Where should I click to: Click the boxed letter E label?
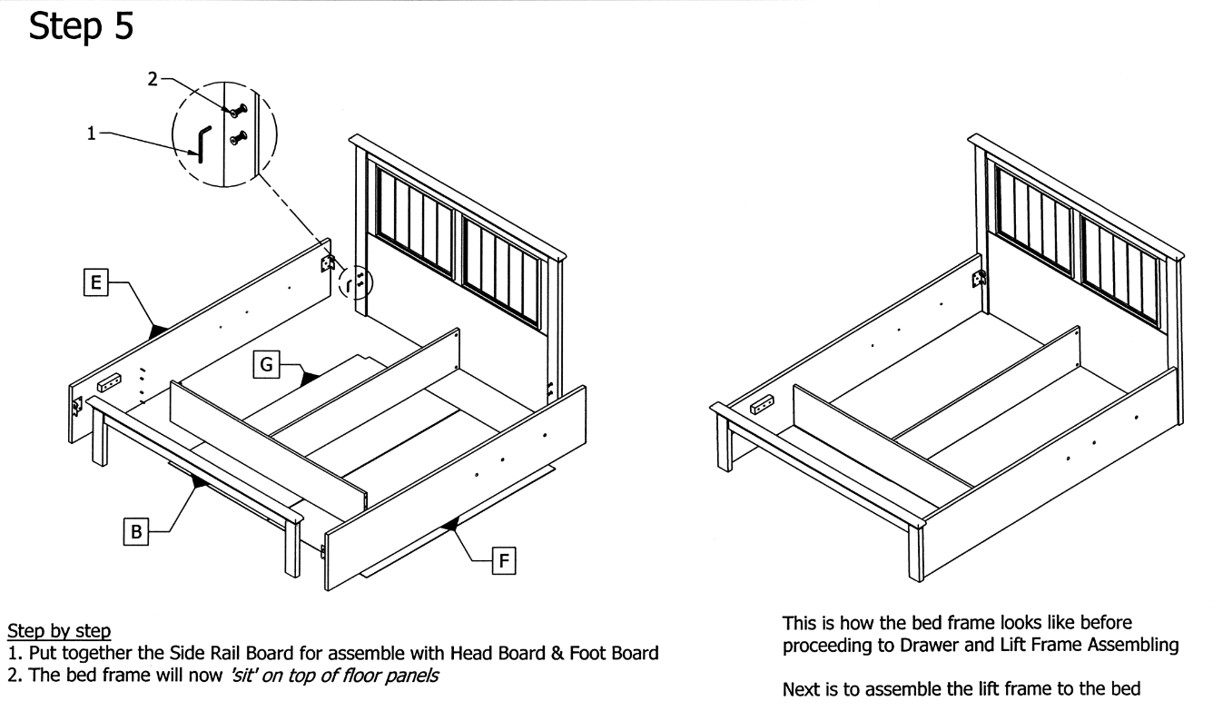point(96,282)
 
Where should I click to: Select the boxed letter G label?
point(266,364)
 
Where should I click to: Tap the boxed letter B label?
point(136,531)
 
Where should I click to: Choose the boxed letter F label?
point(504,560)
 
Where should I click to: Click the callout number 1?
point(92,133)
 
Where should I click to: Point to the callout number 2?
point(153,80)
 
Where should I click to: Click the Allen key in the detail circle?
point(203,143)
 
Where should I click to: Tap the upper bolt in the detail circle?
point(238,111)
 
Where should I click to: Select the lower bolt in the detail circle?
point(238,138)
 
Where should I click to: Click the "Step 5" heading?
point(81,26)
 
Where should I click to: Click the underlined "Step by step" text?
point(59,631)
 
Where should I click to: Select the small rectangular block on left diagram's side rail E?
point(109,382)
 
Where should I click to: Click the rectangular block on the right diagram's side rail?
point(762,404)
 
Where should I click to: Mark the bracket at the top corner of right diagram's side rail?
point(979,279)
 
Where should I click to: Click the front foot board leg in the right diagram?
point(916,551)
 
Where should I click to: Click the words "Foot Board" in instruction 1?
point(614,653)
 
